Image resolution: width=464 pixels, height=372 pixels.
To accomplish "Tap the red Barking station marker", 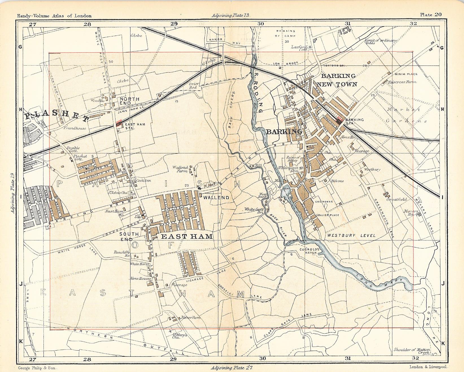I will click(x=340, y=119).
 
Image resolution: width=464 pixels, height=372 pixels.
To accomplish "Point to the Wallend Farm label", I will click(x=181, y=169).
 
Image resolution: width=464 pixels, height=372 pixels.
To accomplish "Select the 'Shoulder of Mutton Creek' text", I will click(x=412, y=351).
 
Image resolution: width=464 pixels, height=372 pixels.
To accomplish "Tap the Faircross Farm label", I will click(x=399, y=82).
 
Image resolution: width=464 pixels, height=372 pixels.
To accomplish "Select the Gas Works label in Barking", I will click(x=324, y=202).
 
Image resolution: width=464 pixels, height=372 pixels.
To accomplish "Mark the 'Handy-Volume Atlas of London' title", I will click(x=54, y=16).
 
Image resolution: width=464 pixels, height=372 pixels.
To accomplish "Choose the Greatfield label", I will click(x=397, y=199).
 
